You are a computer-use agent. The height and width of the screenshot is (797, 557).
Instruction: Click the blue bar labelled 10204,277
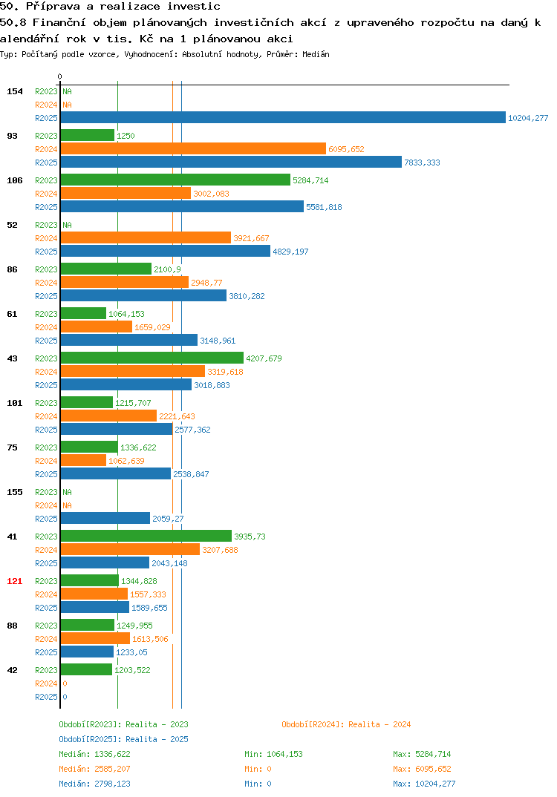[283, 117]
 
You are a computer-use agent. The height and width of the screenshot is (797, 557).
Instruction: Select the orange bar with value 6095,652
[193, 148]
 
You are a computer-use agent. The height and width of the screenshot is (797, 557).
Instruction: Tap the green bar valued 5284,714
[175, 180]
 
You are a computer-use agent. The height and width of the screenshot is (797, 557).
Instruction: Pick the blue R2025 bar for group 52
[166, 251]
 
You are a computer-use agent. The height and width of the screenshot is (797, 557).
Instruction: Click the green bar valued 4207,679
[152, 358]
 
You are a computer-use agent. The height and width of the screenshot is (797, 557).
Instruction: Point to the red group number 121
[15, 581]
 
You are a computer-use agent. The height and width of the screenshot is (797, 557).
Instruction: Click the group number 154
[15, 91]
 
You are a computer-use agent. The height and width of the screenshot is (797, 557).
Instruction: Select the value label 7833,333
[422, 163]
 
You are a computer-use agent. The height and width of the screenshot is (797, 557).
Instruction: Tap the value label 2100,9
[167, 269]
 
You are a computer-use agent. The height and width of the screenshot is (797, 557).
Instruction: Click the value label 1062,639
[127, 461]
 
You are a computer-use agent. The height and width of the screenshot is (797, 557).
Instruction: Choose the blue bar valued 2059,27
[105, 518]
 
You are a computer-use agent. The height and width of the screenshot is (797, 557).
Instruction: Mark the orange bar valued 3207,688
[130, 549]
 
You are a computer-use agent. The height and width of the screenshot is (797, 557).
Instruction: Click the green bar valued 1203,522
[86, 669]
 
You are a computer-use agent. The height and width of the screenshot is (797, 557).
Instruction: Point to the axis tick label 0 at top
[59, 76]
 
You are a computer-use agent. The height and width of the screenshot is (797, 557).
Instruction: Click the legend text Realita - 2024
[380, 724]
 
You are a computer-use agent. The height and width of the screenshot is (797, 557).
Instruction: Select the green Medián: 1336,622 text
[94, 754]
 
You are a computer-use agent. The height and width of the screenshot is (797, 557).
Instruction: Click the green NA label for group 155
[67, 492]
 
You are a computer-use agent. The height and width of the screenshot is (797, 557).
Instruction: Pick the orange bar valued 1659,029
[96, 327]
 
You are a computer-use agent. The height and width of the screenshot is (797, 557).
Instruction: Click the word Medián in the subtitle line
[316, 54]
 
